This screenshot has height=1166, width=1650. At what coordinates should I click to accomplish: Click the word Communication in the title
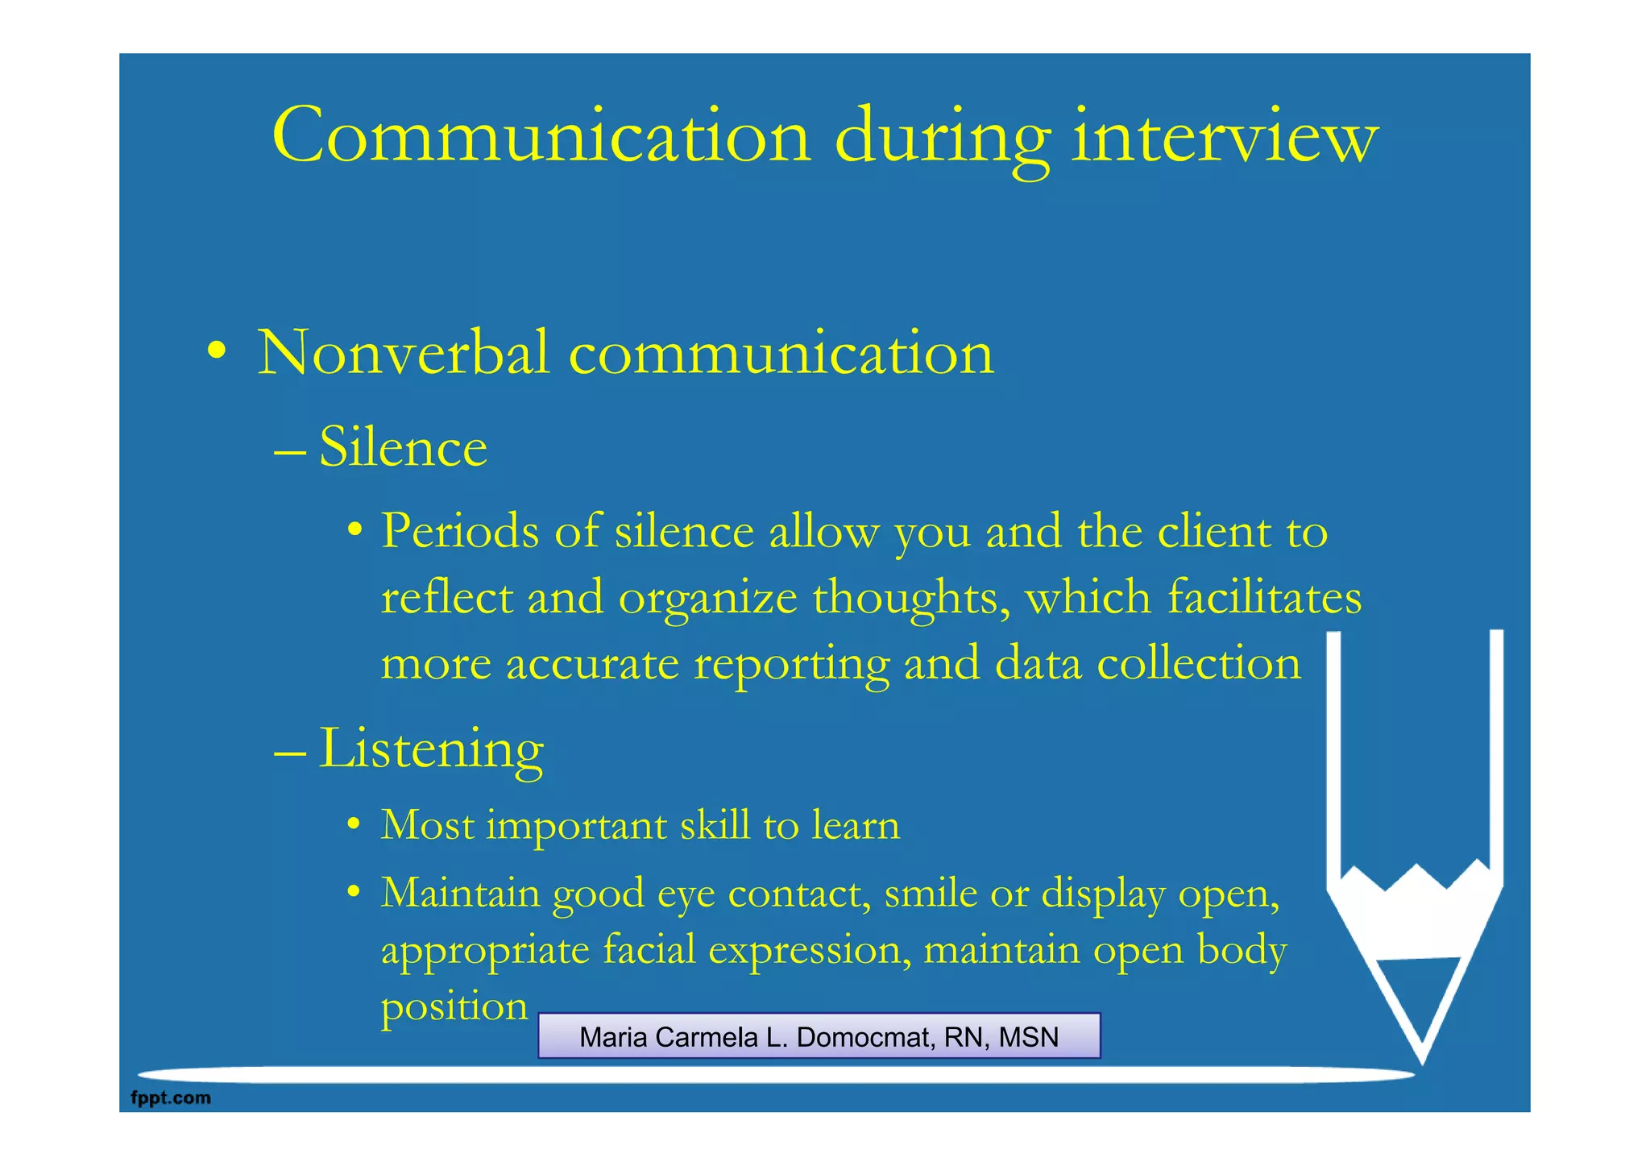tap(541, 135)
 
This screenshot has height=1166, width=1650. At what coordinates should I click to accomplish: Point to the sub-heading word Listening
tap(431, 749)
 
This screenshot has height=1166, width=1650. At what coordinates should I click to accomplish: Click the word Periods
tap(460, 531)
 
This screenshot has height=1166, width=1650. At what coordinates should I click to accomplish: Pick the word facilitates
tap(1264, 597)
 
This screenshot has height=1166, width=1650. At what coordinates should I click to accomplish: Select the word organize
tap(708, 599)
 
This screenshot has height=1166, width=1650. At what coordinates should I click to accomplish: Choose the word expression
tap(810, 950)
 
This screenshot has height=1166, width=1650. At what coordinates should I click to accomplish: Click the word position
tap(454, 1006)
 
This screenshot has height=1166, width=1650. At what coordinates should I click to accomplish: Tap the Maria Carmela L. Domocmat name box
tap(819, 1036)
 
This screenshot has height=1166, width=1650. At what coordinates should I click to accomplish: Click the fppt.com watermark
tap(171, 1098)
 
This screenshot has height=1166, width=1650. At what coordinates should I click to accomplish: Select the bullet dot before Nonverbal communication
tap(216, 352)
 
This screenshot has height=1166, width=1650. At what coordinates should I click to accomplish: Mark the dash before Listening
tap(290, 753)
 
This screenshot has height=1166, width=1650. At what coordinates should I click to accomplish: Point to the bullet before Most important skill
tap(353, 825)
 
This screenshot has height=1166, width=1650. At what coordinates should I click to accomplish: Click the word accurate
tap(592, 664)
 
